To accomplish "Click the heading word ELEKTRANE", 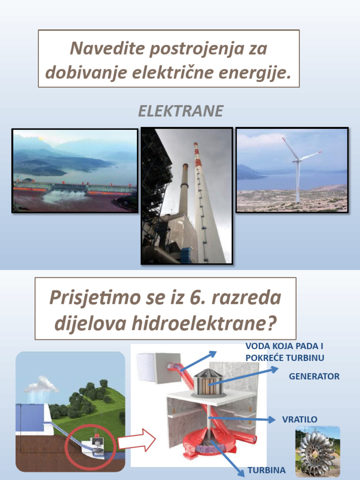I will [x=180, y=112].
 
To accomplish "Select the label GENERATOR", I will [x=314, y=376].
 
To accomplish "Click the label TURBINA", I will [x=266, y=470].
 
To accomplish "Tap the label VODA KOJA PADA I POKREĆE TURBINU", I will [x=285, y=352].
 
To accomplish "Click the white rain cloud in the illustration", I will [x=41, y=386].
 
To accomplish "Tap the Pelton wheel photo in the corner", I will [x=317, y=451].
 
